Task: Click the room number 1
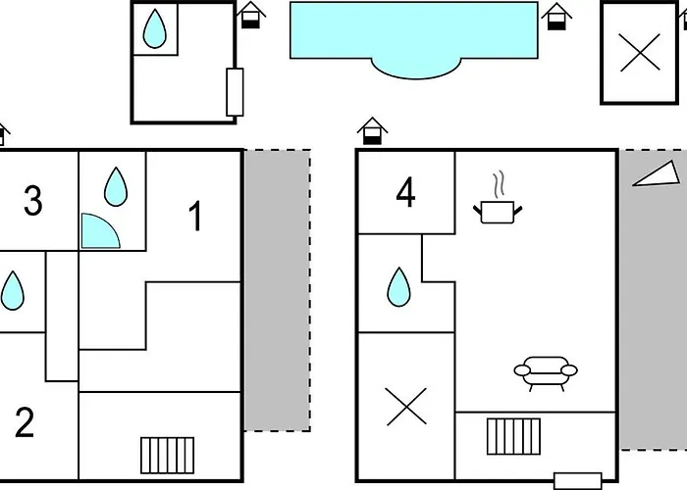[x=196, y=216]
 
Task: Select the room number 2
[x=25, y=422]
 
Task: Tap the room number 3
[x=32, y=201]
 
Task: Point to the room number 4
[x=405, y=192]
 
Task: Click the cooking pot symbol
[x=498, y=213]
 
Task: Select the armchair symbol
[x=546, y=373]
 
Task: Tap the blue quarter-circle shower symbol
[x=100, y=231]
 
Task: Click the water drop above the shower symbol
[x=116, y=186]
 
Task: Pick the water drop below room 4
[x=398, y=287]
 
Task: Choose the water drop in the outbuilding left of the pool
[x=155, y=28]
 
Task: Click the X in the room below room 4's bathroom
[x=406, y=407]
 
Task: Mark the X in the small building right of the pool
[x=640, y=53]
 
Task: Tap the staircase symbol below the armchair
[x=513, y=437]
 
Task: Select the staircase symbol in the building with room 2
[x=168, y=456]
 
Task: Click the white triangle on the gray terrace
[x=657, y=173]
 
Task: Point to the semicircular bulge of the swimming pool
[x=416, y=69]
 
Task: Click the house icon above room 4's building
[x=372, y=130]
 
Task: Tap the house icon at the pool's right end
[x=556, y=17]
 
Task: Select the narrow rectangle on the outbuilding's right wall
[x=235, y=92]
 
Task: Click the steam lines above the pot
[x=499, y=184]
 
